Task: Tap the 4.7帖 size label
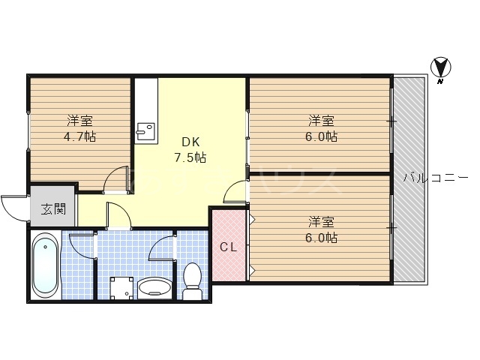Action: click(x=79, y=136)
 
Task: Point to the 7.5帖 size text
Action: click(x=190, y=158)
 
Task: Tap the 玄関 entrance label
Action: click(x=53, y=208)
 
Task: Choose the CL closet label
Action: click(x=228, y=247)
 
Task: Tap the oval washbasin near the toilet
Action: click(x=154, y=287)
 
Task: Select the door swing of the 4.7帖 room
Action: click(x=116, y=179)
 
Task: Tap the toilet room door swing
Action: click(x=161, y=247)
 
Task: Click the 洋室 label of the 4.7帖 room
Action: click(x=79, y=121)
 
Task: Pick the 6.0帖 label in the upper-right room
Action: click(x=321, y=136)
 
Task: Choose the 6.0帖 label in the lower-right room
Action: click(x=321, y=238)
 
